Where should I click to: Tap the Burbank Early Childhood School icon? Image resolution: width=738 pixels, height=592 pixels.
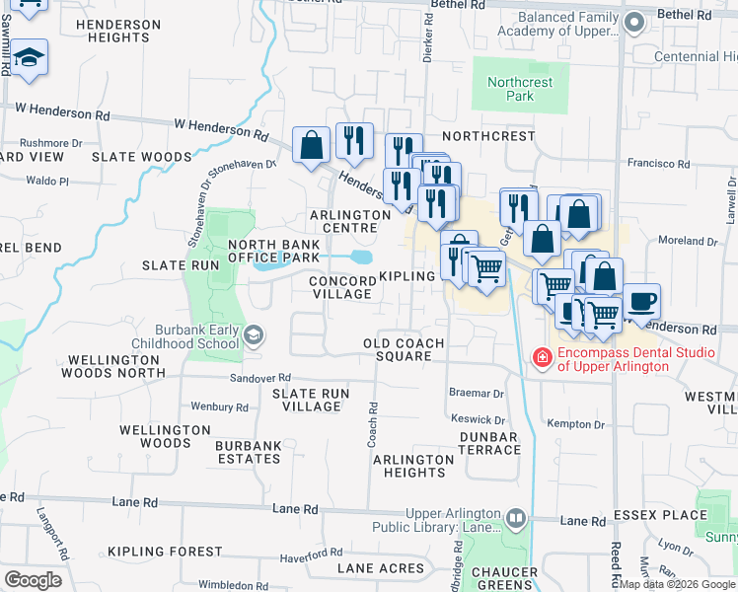click(x=255, y=336)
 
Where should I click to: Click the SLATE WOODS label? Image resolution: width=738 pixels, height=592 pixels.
click(x=141, y=157)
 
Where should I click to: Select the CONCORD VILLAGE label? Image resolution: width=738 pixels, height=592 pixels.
click(x=340, y=287)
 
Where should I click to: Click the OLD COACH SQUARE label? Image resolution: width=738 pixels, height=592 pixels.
click(x=404, y=349)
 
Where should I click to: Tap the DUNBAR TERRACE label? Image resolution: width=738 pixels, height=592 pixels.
click(x=489, y=443)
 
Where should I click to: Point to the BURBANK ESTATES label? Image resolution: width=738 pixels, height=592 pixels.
click(x=249, y=452)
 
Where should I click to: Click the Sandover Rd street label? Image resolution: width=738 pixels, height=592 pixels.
click(x=259, y=378)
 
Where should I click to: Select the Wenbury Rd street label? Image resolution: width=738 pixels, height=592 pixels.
click(x=219, y=407)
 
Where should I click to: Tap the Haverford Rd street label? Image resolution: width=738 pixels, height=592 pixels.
click(x=310, y=556)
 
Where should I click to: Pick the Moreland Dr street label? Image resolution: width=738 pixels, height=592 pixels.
click(x=688, y=241)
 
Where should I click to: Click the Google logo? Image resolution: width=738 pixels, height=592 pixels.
click(x=33, y=580)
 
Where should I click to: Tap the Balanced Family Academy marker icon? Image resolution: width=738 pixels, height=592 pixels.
click(x=634, y=23)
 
